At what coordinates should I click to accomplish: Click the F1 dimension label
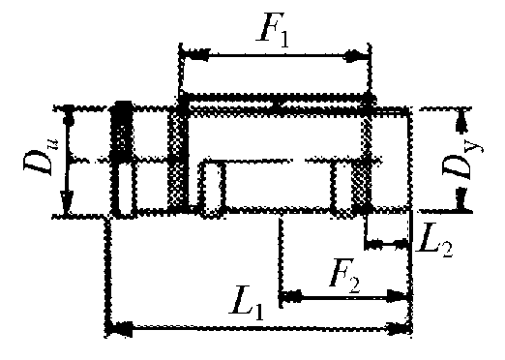[x=272, y=30]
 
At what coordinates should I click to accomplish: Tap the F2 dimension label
[x=345, y=277]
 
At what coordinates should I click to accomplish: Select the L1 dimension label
[x=248, y=304]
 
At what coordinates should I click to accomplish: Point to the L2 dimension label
[x=434, y=241]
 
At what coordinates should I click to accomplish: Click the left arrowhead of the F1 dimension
[x=194, y=55]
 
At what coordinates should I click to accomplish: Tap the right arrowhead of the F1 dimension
[x=356, y=56]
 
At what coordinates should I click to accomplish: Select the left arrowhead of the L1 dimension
[x=120, y=328]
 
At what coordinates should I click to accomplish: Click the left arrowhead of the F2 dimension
[x=291, y=296]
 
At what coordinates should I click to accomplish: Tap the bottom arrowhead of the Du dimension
[x=67, y=202]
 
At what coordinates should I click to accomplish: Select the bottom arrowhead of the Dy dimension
[x=462, y=199]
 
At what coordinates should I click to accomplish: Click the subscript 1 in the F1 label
[x=282, y=40]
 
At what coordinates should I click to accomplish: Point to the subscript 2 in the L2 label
[x=446, y=249]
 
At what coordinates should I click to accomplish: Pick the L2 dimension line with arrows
[x=386, y=244]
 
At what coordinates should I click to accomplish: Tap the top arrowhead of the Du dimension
[x=68, y=116]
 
